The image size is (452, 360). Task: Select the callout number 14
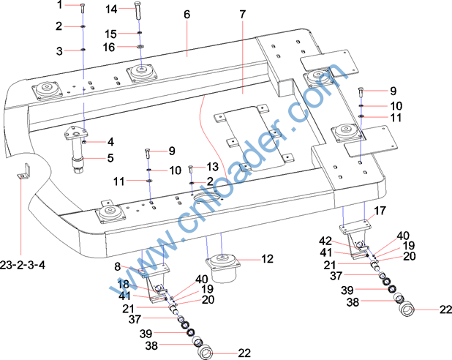coord(112,9)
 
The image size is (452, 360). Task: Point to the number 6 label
coord(187,15)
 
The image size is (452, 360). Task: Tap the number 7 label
coord(242,15)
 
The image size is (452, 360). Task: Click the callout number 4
coord(111,142)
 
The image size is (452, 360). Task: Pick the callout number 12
coord(267,258)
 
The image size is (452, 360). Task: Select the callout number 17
coord(380,211)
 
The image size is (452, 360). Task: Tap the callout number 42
coord(326,240)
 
